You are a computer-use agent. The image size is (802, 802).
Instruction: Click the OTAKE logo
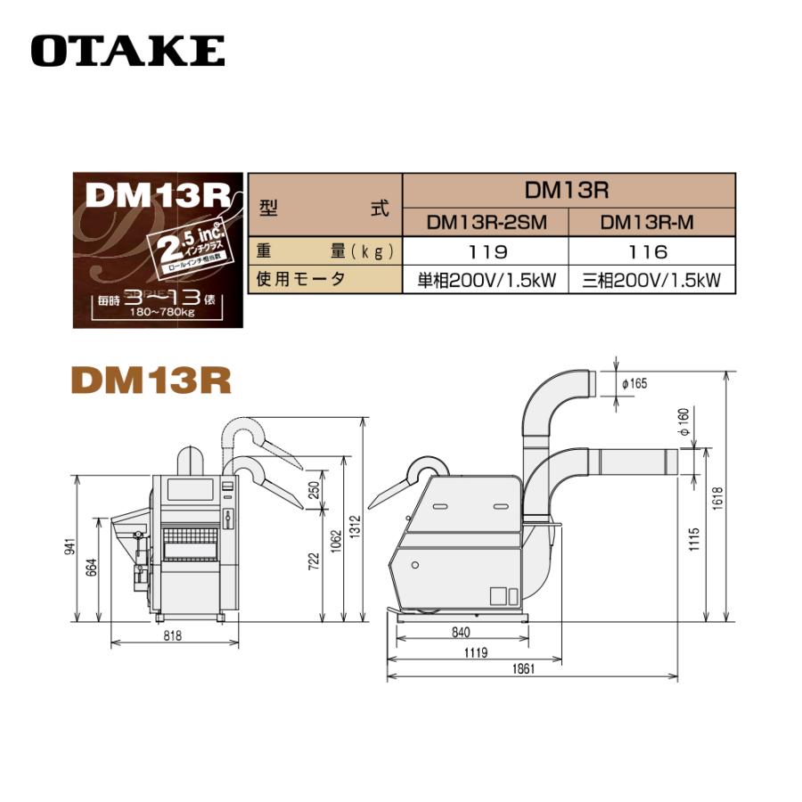(127, 50)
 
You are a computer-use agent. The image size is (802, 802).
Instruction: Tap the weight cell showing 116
(652, 252)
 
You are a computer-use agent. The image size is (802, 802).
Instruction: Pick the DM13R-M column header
(652, 222)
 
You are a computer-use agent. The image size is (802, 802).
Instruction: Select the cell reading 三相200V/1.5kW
(651, 281)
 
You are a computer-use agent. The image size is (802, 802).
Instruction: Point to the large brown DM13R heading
(151, 381)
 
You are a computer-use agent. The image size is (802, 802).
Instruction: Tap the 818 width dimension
(174, 635)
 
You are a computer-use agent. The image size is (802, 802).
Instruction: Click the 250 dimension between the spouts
(312, 488)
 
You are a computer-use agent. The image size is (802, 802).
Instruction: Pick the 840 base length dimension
(461, 632)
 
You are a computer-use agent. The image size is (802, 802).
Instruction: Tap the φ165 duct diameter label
(634, 383)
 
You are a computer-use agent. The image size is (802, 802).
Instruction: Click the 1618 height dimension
(719, 495)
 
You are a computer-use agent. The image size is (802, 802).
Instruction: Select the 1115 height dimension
(694, 537)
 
